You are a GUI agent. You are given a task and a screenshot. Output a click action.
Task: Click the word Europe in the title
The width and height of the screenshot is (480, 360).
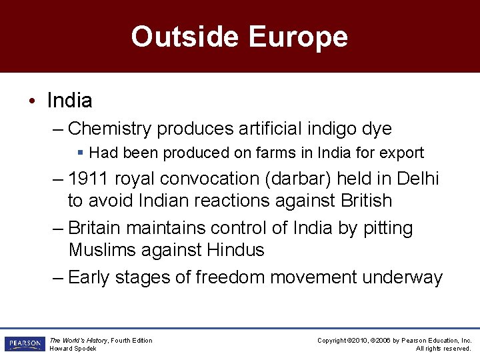(x=298, y=37)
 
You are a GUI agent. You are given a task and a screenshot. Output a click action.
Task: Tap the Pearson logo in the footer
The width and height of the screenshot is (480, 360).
(x=25, y=344)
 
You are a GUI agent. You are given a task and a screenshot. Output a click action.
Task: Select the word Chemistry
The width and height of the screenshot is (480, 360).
(x=111, y=128)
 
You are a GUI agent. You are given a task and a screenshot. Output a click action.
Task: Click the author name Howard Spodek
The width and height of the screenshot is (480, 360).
(x=73, y=349)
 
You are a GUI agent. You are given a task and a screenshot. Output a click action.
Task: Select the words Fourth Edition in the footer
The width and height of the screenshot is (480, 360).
(x=131, y=341)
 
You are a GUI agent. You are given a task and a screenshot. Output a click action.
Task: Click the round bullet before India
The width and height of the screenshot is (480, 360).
(x=31, y=101)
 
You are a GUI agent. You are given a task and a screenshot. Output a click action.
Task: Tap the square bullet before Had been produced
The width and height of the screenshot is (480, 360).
(x=81, y=153)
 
